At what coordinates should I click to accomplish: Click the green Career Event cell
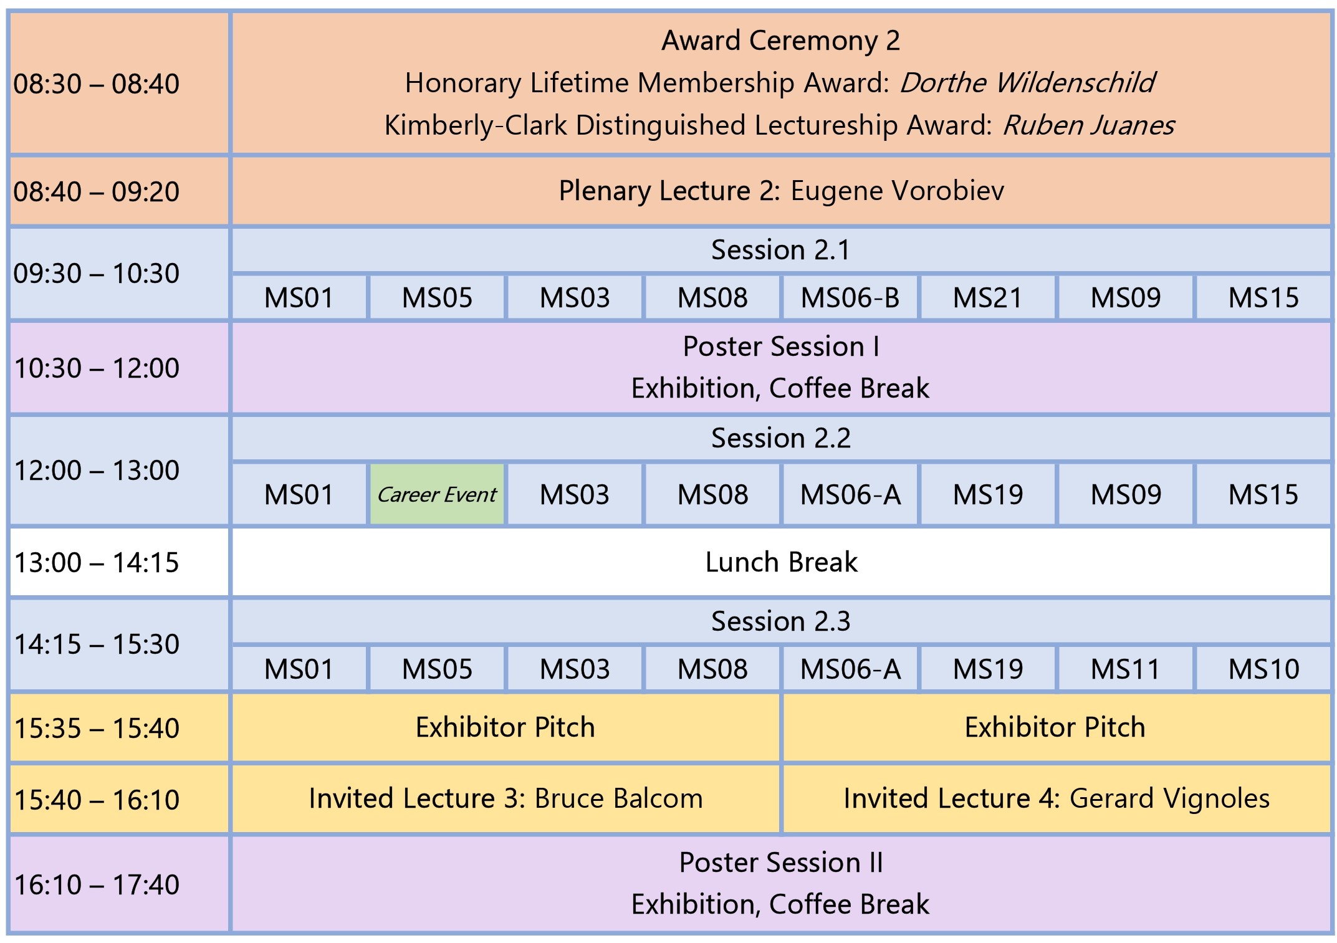click(437, 495)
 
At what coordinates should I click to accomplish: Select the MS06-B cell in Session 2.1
click(850, 297)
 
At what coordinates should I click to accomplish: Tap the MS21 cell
click(988, 297)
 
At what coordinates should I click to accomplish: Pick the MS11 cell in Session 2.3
click(1126, 669)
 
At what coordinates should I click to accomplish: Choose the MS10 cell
click(1263, 669)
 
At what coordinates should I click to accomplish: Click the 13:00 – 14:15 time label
click(97, 562)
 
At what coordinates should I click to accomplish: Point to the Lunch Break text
click(781, 562)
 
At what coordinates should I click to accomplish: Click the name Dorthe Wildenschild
click(1027, 83)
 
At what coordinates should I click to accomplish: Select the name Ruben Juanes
click(1088, 125)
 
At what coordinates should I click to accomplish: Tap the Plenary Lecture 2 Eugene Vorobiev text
click(781, 191)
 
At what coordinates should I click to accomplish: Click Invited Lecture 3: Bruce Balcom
click(506, 798)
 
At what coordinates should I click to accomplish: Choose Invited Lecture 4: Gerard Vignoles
click(1057, 798)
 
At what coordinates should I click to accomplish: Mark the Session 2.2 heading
click(781, 438)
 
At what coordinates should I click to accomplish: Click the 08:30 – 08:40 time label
click(97, 84)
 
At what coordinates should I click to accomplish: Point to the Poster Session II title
click(781, 863)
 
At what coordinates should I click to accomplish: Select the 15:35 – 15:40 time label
click(97, 728)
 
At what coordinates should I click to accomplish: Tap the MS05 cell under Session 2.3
click(437, 669)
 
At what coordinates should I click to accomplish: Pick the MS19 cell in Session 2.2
click(988, 495)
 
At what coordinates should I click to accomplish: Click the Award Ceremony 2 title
click(781, 41)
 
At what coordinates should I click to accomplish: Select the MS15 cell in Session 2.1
click(1263, 297)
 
